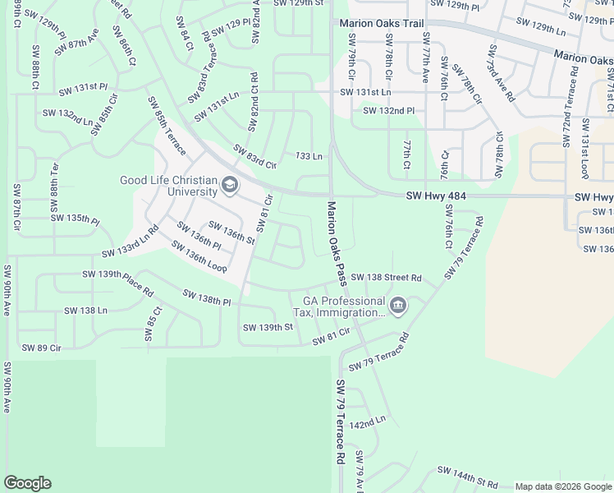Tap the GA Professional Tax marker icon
click(398, 306)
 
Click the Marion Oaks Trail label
click(382, 24)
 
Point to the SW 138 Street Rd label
click(386, 279)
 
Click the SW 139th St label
click(268, 327)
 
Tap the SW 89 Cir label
click(42, 348)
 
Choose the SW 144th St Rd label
click(467, 477)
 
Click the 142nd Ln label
click(367, 423)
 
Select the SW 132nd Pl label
click(388, 110)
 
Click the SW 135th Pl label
click(75, 219)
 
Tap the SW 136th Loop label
click(199, 256)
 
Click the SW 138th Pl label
click(206, 297)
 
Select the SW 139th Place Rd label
click(117, 282)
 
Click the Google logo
click(27, 483)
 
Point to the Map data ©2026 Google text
click(563, 486)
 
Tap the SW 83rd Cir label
click(254, 156)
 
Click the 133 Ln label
click(307, 156)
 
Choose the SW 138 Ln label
click(85, 311)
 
